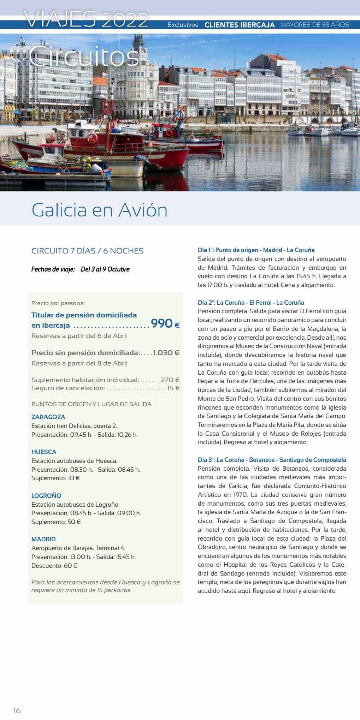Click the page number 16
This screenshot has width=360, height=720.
(17, 710)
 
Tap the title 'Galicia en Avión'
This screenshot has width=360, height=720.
(99, 210)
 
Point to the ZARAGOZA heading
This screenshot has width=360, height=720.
(48, 417)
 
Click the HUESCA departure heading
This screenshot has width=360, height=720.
(44, 452)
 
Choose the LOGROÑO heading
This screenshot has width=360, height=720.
(46, 496)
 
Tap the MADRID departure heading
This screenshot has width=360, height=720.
(43, 539)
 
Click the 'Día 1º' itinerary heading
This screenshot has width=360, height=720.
(256, 250)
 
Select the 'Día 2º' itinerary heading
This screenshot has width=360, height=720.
(250, 303)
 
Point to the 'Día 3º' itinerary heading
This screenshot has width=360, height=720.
(272, 460)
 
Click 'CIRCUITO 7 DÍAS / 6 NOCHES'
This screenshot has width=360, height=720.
(87, 251)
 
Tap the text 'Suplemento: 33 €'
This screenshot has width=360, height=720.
(55, 478)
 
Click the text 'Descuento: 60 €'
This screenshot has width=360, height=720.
(54, 565)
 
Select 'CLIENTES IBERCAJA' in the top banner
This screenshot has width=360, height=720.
(240, 25)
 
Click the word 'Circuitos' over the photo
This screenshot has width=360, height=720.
(84, 56)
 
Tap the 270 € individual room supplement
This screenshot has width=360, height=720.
(170, 380)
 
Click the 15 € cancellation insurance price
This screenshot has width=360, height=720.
(173, 388)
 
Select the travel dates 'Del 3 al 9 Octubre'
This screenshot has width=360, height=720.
(105, 269)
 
